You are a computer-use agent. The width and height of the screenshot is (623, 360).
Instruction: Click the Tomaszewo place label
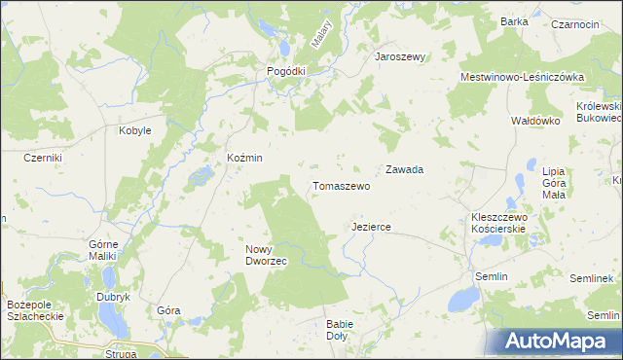coord(341,186)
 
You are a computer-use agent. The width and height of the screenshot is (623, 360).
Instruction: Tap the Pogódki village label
coord(287,71)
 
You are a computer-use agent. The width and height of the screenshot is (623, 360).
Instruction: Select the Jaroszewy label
coord(401,56)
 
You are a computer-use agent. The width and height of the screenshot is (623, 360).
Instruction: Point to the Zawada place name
coord(404,169)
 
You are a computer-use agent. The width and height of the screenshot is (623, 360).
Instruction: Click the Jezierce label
coord(371,227)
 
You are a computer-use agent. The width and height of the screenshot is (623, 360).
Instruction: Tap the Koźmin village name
coord(244,158)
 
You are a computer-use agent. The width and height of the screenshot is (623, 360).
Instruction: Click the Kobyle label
coord(134,130)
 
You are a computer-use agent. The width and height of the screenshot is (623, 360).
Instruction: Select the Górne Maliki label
coord(102,250)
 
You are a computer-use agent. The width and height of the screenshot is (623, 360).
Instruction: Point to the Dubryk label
coord(112,297)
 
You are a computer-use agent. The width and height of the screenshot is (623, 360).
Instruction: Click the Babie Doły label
coord(341,330)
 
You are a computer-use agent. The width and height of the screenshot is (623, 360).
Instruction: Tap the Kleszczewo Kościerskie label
coord(498,222)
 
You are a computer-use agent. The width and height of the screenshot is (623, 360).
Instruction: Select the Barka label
coord(514,21)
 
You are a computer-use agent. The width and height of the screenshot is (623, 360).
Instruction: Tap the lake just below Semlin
coord(459,299)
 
